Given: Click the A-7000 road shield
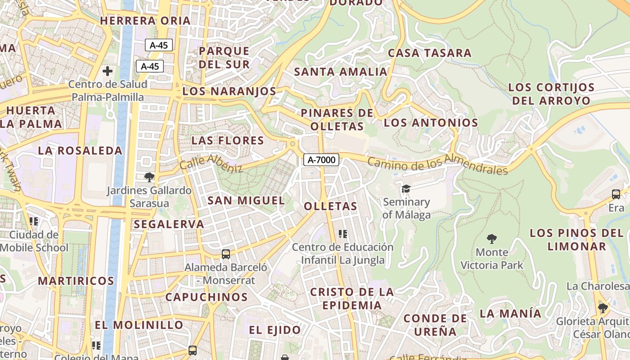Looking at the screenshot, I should (x=321, y=159).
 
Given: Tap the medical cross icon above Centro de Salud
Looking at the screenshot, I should (x=108, y=71).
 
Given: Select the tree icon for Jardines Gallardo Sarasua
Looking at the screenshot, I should (x=149, y=177).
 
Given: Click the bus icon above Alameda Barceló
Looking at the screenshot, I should (x=226, y=254).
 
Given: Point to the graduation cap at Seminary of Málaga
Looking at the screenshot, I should (x=406, y=189).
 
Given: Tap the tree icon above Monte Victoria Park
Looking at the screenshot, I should (x=492, y=238).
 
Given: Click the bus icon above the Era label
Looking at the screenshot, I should (x=616, y=194).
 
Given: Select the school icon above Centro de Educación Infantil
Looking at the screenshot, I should (x=343, y=234).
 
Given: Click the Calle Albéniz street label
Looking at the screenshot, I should (x=211, y=163).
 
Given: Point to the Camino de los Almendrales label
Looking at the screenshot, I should (x=437, y=164).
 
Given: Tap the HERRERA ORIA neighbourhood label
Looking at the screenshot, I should (x=145, y=21).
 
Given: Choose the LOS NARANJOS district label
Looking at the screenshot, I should (x=229, y=91).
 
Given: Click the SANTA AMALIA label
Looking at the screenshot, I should (x=341, y=72).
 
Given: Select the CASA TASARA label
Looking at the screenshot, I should (x=429, y=53).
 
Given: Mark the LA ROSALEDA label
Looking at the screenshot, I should (x=80, y=151).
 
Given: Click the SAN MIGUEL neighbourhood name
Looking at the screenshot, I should (x=246, y=201).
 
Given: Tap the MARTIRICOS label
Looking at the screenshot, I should (x=76, y=281).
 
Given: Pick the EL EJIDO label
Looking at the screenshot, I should (x=275, y=330).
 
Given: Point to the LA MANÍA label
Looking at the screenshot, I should (x=510, y=314).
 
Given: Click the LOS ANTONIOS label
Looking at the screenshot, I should (x=431, y=123).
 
